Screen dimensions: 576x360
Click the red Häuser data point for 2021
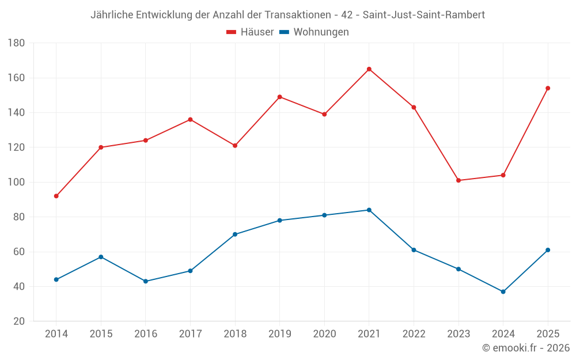(x=369, y=69)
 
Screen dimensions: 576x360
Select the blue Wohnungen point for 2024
(x=503, y=291)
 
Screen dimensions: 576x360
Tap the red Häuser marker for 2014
(x=56, y=196)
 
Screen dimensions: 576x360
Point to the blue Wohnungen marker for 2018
(x=235, y=234)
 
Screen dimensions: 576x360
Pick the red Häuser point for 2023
(x=458, y=180)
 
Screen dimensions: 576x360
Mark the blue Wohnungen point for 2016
(x=146, y=282)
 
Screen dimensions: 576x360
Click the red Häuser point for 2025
(x=548, y=88)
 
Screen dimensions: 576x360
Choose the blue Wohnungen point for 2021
(x=369, y=210)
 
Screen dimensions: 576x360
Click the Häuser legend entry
(x=250, y=32)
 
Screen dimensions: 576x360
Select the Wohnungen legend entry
(x=314, y=32)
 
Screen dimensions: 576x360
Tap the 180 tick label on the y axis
(x=16, y=43)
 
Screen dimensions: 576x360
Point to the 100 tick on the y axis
(x=16, y=182)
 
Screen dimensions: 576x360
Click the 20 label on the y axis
(x=19, y=321)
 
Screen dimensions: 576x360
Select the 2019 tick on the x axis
(x=280, y=334)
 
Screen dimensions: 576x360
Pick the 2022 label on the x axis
(x=414, y=334)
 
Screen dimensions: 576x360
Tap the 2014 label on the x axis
(x=56, y=334)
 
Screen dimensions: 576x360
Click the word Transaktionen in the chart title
(x=298, y=15)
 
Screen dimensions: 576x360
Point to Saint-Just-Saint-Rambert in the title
(x=423, y=15)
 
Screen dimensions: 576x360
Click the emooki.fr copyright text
(x=526, y=347)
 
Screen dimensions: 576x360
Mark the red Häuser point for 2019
(x=280, y=97)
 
